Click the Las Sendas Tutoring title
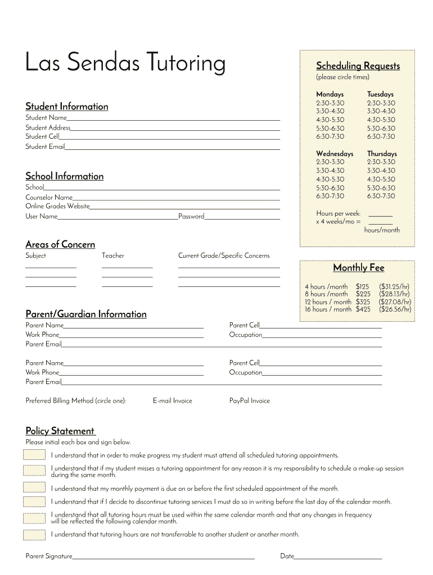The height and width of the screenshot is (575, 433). (125, 63)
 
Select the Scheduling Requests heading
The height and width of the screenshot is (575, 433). (358, 66)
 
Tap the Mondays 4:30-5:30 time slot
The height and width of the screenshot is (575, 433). (330, 120)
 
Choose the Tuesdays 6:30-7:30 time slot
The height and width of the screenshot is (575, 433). (381, 136)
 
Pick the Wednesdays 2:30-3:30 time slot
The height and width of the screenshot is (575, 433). (330, 162)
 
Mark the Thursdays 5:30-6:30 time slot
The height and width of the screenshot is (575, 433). (381, 188)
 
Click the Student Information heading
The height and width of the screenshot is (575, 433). (67, 107)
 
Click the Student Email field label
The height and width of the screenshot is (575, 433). (45, 147)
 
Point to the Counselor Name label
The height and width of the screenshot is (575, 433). (49, 198)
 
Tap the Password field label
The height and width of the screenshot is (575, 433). (191, 217)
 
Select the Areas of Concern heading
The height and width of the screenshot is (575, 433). (60, 244)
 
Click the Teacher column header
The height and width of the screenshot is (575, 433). (113, 256)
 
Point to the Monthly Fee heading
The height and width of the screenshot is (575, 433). (358, 268)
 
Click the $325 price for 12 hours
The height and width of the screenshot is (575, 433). (363, 302)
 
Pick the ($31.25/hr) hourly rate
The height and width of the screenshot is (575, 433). (394, 286)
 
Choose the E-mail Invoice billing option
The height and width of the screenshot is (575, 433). (173, 401)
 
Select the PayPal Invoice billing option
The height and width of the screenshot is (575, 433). (249, 401)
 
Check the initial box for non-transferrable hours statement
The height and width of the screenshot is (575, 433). (34, 535)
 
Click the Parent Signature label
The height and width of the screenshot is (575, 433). (49, 556)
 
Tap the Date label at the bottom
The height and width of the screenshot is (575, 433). (287, 556)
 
